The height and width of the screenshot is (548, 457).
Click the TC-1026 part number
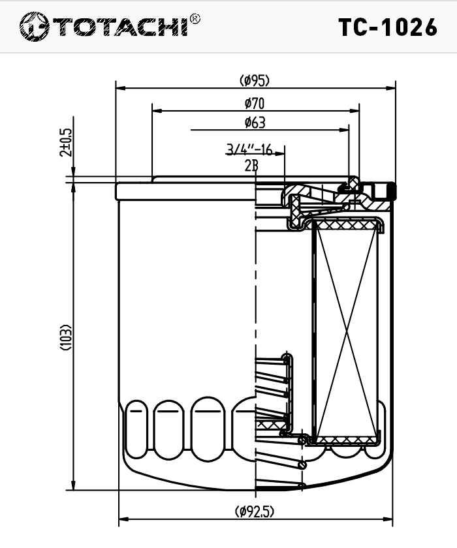point(388,27)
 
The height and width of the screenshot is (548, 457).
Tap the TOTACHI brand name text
point(121,27)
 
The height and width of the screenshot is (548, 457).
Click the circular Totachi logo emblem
point(34,27)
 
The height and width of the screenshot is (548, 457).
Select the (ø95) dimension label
point(255,81)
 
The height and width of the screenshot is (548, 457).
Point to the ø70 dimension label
point(255,104)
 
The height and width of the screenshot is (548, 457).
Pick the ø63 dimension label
point(255,123)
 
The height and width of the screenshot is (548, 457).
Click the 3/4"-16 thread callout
point(249,149)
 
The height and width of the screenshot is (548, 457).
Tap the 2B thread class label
point(251,166)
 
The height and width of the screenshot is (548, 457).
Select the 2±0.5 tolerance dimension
point(66,143)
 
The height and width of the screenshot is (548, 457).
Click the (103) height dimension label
point(66,338)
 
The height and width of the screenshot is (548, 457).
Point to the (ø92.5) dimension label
point(255,511)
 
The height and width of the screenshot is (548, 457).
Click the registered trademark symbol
point(195,18)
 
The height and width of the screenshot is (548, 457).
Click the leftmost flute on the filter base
point(136,429)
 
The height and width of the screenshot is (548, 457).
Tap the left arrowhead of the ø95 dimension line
point(121,87)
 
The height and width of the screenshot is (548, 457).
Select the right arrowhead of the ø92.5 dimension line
point(388,519)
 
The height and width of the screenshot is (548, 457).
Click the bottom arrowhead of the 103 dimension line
point(73,485)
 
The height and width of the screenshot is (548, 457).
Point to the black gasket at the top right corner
point(392,191)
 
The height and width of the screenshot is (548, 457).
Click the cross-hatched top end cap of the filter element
point(347,224)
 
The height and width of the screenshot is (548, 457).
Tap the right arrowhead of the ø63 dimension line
point(344,130)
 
